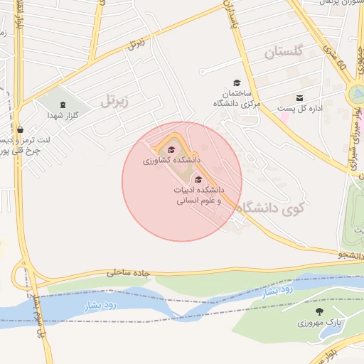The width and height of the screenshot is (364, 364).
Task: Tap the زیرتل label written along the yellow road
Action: pos(136,43)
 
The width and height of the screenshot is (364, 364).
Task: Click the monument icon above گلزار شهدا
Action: pos(62,105)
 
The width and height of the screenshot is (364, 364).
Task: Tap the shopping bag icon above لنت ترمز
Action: pos(19,130)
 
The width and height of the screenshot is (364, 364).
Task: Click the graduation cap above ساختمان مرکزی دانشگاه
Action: pos(237,83)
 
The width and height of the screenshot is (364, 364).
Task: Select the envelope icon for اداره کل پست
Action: pos(299,98)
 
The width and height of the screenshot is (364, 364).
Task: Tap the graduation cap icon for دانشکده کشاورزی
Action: pos(171,149)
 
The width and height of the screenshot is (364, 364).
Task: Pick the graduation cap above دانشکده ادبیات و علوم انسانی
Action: pos(198,179)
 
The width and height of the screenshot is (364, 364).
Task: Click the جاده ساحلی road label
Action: pos(130,272)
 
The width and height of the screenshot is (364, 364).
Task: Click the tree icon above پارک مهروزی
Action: pos(318,311)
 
